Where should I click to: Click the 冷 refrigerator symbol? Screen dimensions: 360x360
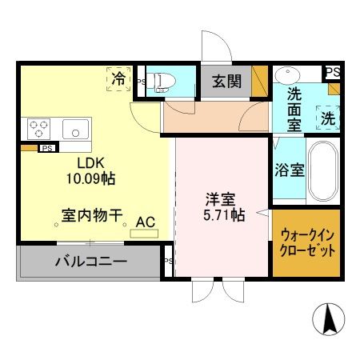tap(118, 79)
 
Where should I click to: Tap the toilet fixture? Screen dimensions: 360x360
tap(165, 82)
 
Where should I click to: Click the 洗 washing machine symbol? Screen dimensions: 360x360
tap(327, 118)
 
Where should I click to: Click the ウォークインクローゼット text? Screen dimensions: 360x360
tap(307, 242)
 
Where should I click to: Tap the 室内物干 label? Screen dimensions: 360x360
tap(91, 216)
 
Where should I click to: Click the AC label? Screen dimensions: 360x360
tap(146, 222)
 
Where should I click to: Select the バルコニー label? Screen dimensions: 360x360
tap(90, 262)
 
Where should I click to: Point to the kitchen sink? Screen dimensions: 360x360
tap(76, 127)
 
